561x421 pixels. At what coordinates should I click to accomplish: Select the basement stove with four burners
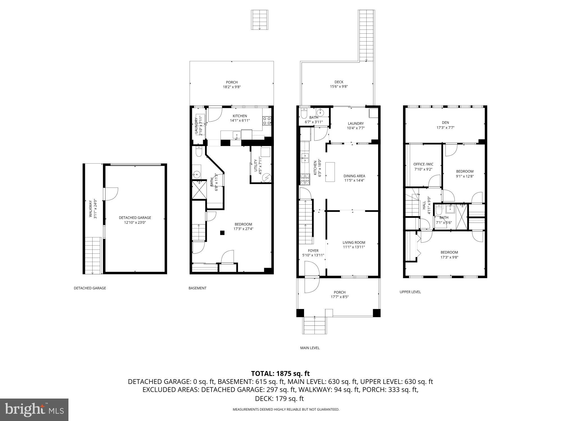click(267, 120)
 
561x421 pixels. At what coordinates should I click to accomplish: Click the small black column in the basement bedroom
click(222, 232)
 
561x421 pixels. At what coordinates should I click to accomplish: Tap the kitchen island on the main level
click(330, 172)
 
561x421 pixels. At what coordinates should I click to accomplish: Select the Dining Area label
click(354, 176)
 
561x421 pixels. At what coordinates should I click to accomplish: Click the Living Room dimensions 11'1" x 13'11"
click(354, 247)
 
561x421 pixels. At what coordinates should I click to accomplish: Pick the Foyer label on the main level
click(313, 251)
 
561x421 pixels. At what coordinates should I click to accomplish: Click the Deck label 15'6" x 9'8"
click(339, 84)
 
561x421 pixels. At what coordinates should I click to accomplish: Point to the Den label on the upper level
click(445, 122)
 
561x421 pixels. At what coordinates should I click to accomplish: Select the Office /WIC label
click(423, 164)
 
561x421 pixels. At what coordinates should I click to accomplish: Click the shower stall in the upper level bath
click(462, 216)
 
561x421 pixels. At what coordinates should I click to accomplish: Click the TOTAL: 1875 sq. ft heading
click(280, 374)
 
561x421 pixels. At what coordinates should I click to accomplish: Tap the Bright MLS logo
click(34, 409)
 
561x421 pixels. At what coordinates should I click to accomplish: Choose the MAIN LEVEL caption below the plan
click(310, 348)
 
